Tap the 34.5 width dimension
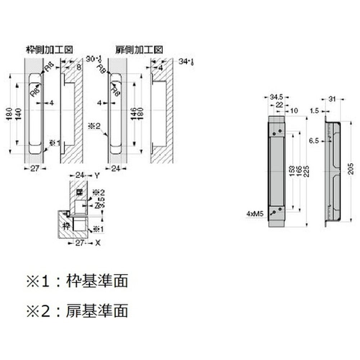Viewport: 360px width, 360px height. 276,96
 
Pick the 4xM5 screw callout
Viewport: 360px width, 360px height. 255,214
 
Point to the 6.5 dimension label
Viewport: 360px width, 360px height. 314,141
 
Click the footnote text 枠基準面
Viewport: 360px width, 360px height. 97,281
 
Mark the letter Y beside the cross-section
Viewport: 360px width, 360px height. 96,176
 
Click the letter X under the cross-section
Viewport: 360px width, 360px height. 98,243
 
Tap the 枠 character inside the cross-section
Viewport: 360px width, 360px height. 66,226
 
